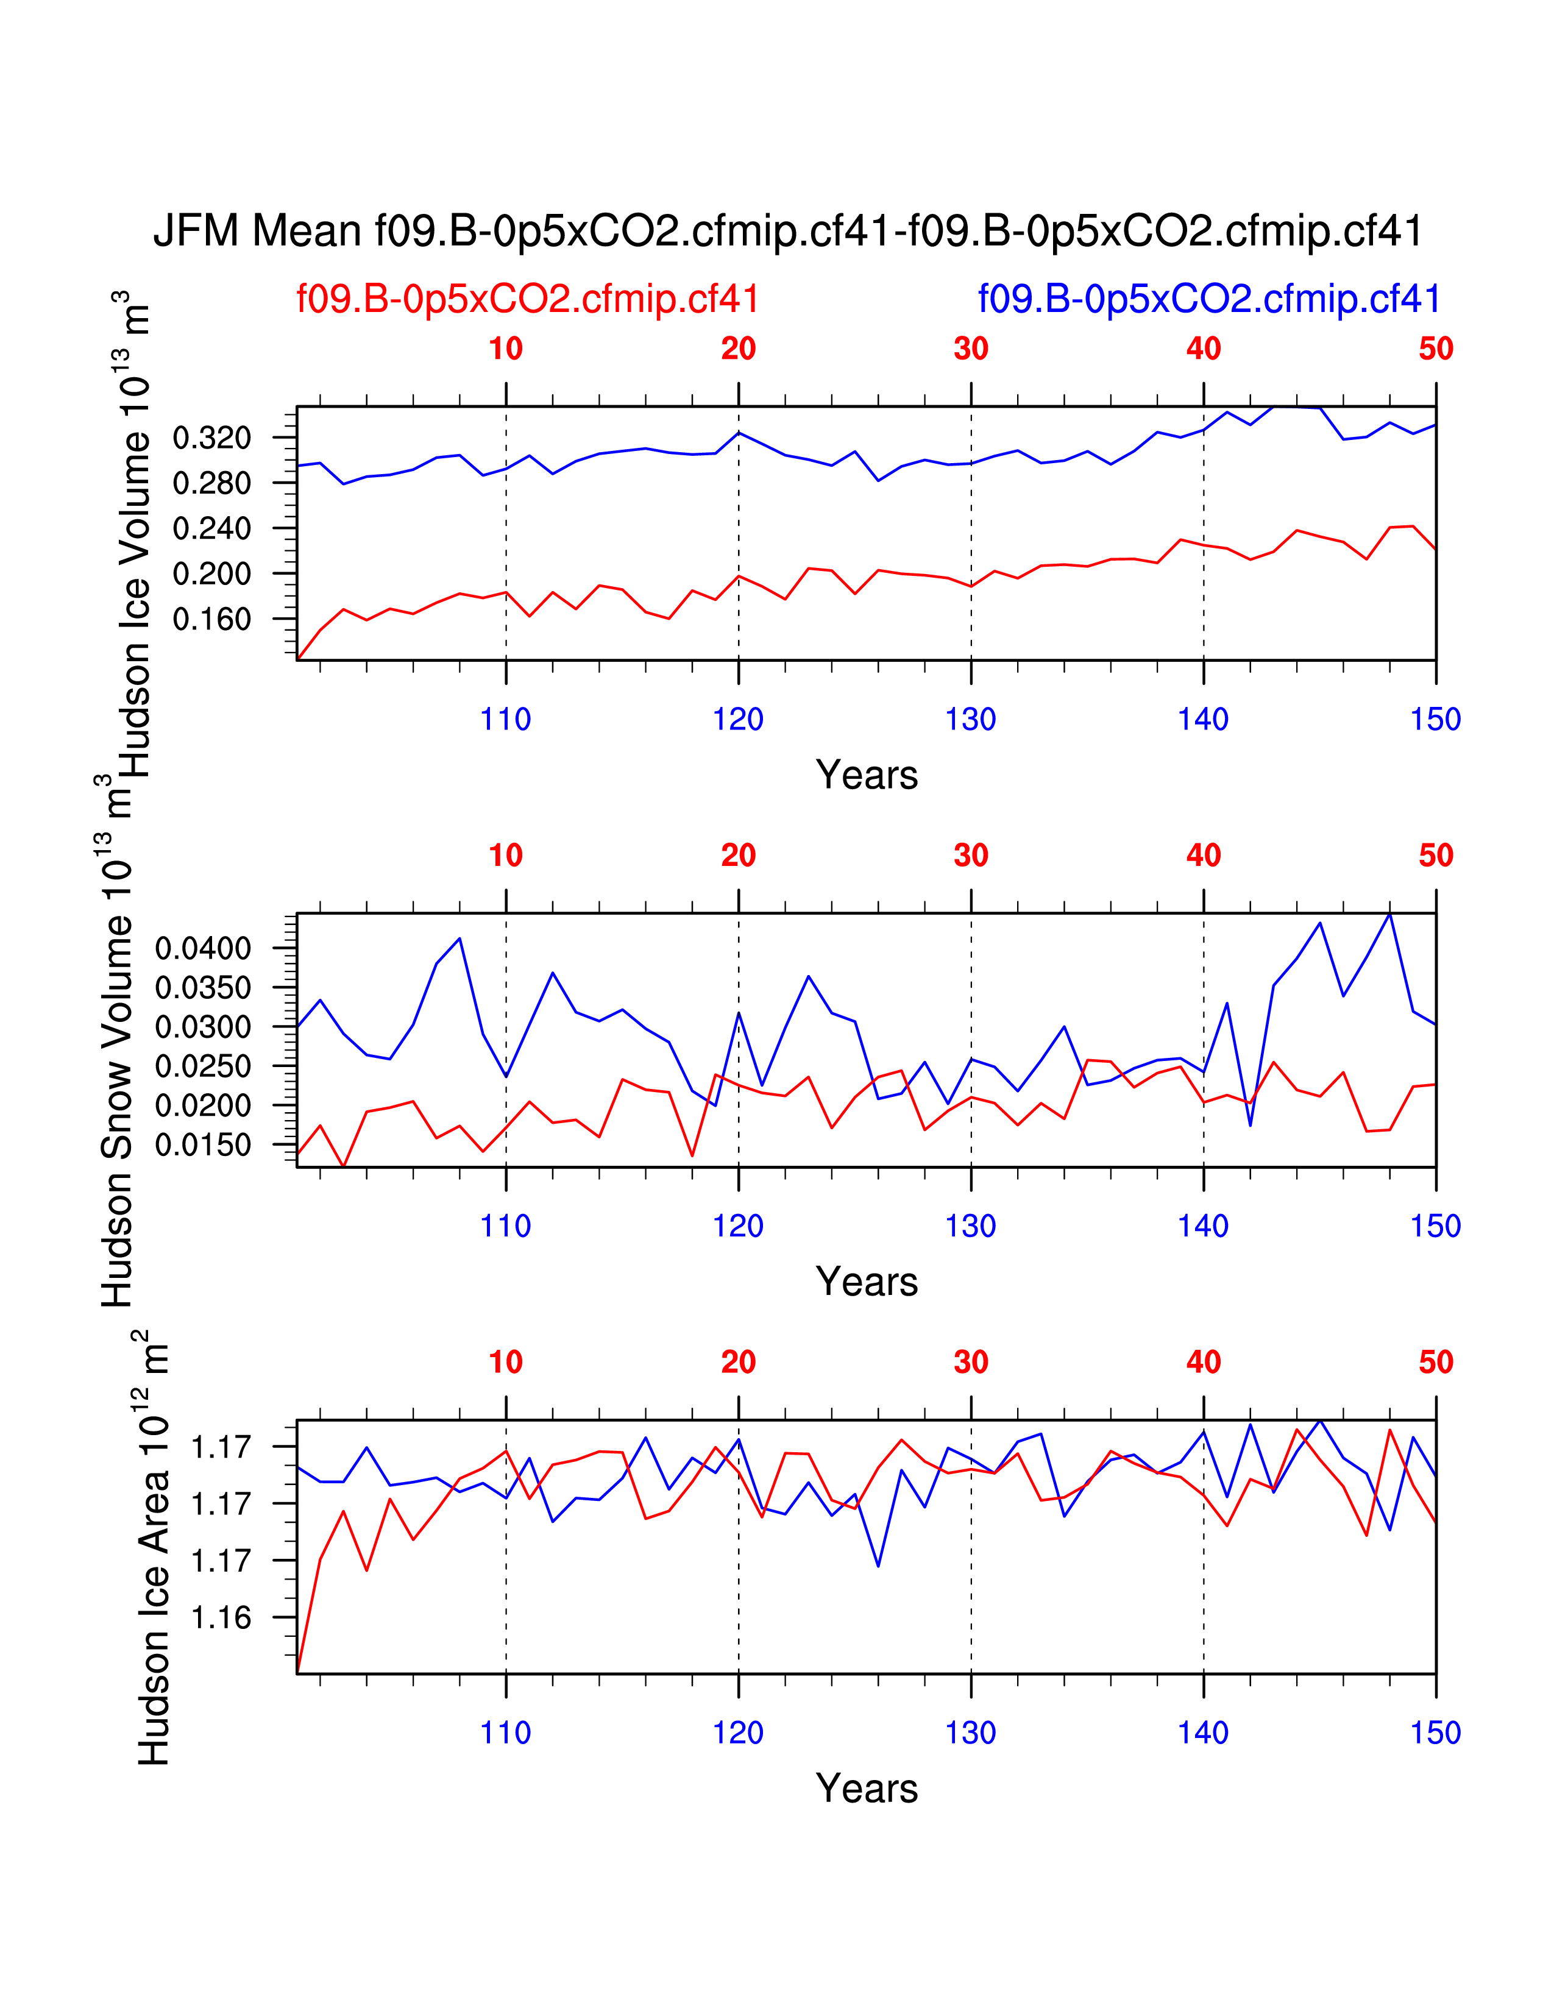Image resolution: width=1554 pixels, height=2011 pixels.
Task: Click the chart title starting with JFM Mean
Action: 788,231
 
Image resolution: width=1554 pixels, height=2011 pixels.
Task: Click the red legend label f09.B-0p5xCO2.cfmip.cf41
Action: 528,299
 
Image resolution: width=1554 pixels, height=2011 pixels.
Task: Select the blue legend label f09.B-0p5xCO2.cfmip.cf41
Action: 1209,299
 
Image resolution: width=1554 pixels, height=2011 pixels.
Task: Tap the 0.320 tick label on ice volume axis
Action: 211,438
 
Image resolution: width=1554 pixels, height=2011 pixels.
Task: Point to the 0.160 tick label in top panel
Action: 211,620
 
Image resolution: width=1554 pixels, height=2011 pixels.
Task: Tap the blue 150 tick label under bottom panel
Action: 1435,1733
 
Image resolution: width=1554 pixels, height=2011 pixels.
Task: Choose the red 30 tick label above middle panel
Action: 970,856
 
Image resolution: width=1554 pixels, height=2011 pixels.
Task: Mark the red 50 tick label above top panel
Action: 1435,349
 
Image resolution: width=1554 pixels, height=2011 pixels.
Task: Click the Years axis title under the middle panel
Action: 867,1282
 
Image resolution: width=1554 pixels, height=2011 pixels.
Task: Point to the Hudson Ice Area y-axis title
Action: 153,1547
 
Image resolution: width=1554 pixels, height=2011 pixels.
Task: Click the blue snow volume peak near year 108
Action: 459,938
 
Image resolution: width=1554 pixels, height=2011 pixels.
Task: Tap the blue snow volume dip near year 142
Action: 1250,1125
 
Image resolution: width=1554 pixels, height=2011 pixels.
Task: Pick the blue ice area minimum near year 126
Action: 878,1566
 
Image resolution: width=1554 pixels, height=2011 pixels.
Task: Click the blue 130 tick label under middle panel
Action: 970,1227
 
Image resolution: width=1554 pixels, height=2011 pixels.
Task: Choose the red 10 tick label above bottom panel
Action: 505,1362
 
